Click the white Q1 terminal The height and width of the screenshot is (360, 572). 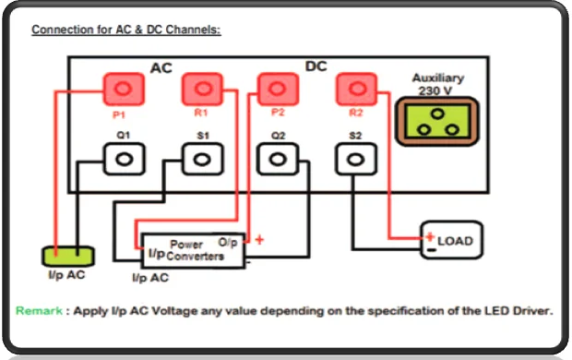tap(123, 159)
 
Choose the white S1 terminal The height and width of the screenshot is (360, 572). tap(201, 159)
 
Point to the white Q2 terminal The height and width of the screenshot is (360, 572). tap(278, 159)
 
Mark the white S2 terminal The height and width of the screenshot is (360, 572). tap(356, 159)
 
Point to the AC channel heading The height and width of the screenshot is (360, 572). tap(161, 68)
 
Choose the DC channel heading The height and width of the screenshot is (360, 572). tap(316, 66)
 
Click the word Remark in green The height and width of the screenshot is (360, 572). tap(39, 310)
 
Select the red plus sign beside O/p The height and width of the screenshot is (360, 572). tap(259, 240)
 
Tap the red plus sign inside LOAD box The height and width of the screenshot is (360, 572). tap(430, 235)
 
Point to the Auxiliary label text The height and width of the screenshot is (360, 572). tap(437, 78)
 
